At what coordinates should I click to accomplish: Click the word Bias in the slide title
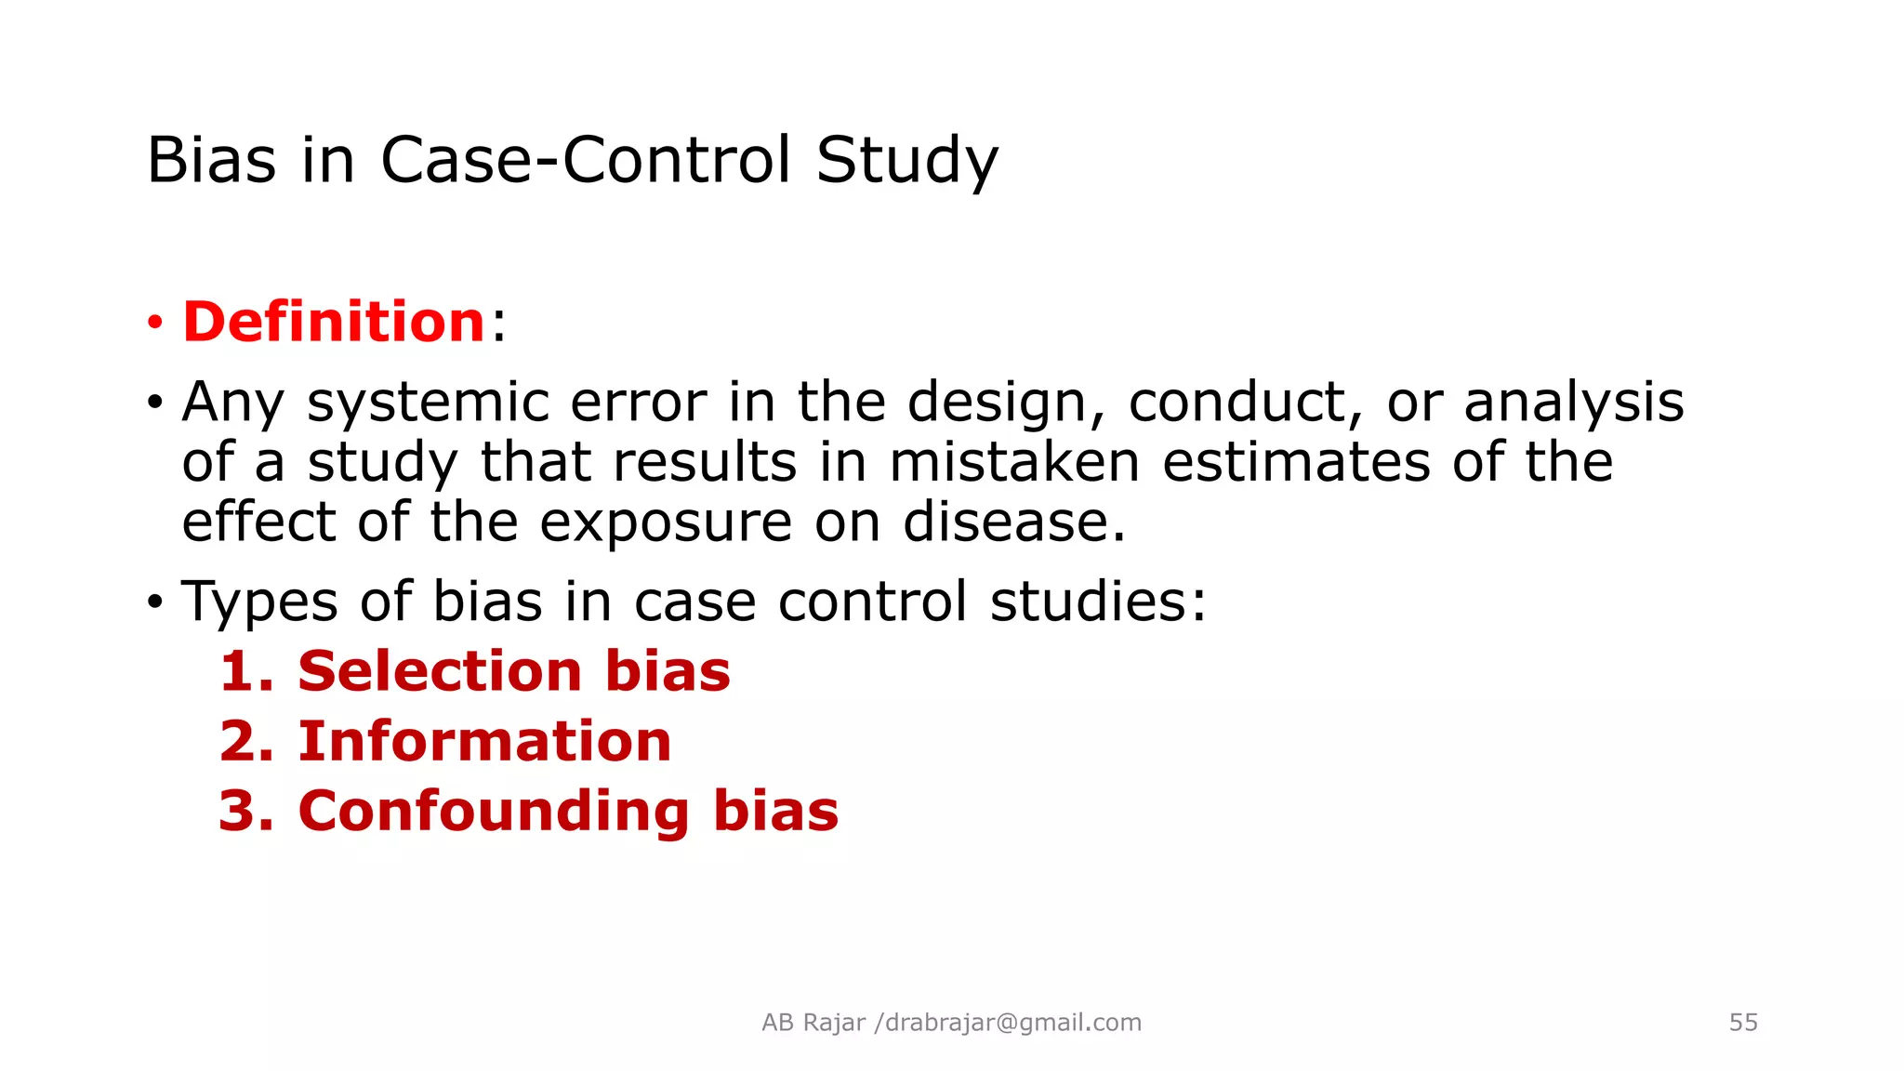pos(212,160)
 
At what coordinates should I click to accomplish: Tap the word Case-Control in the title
pos(586,160)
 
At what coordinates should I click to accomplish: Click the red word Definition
pos(334,322)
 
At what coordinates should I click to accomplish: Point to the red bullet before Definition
pos(154,324)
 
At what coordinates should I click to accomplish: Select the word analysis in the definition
pos(1573,403)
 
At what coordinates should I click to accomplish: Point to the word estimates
pos(1296,462)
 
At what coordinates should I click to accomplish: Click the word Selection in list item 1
pos(439,671)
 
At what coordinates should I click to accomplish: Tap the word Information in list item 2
pos(484,741)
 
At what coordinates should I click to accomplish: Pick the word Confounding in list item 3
pos(494,811)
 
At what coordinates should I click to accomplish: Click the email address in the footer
pos(1012,1023)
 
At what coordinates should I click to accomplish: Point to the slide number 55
pos(1743,1023)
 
